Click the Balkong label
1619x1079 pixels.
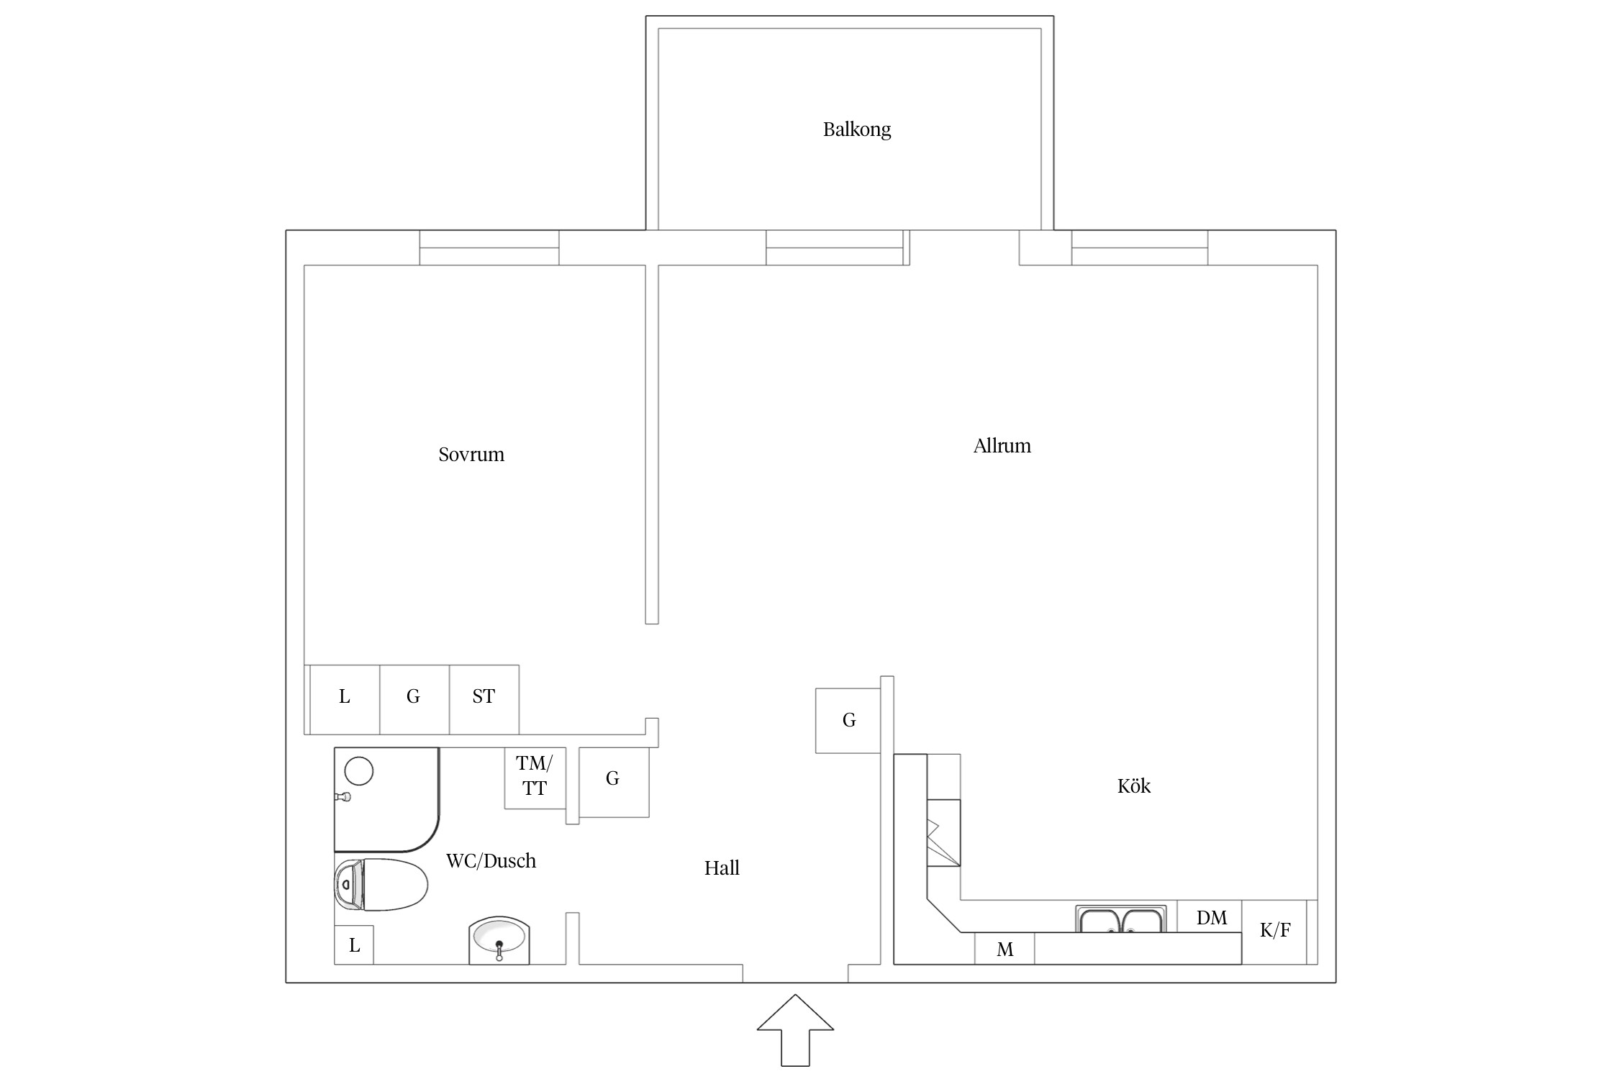pos(856,129)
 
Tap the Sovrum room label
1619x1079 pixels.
pos(471,454)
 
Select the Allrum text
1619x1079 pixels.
pos(1002,446)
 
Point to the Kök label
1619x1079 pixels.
pos(1133,786)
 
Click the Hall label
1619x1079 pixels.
pos(722,868)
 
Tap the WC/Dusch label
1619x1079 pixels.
pos(491,861)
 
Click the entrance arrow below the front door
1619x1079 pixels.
pos(795,1030)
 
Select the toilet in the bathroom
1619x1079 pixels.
pos(381,885)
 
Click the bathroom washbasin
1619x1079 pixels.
pos(499,941)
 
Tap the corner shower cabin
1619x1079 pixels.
pos(386,800)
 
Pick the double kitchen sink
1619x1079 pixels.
pos(1121,919)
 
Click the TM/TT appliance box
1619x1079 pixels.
pos(535,778)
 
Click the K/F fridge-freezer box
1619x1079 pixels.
pos(1274,932)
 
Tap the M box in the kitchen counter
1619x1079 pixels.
pos(1004,949)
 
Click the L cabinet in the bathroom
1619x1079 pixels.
pos(354,945)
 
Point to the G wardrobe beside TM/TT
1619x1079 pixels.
pos(614,782)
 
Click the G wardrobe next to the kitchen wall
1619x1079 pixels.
pos(848,721)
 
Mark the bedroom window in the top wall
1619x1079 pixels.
pos(489,247)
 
